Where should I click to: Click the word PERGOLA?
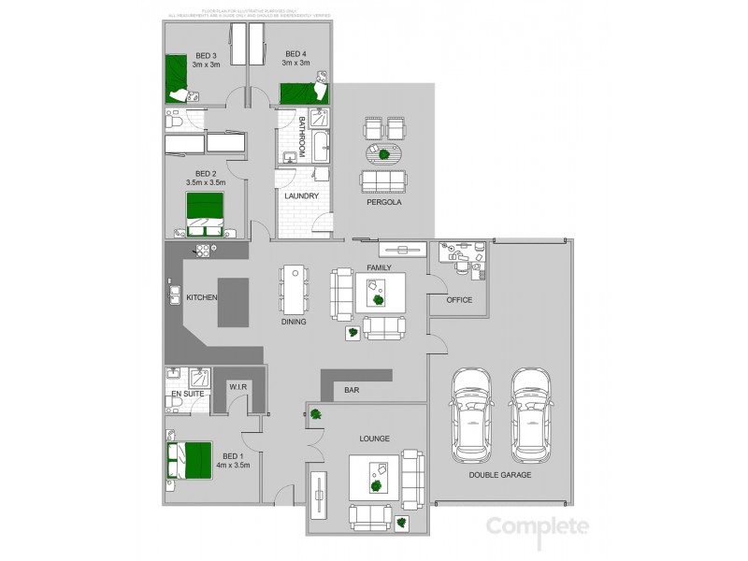(384, 201)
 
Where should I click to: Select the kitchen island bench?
(232, 302)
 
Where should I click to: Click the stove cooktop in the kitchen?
(204, 250)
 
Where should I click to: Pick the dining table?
(295, 291)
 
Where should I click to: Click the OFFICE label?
(459, 300)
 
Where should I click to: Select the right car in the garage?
(531, 418)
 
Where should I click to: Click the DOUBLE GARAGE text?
(500, 476)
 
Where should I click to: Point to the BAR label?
(352, 391)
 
